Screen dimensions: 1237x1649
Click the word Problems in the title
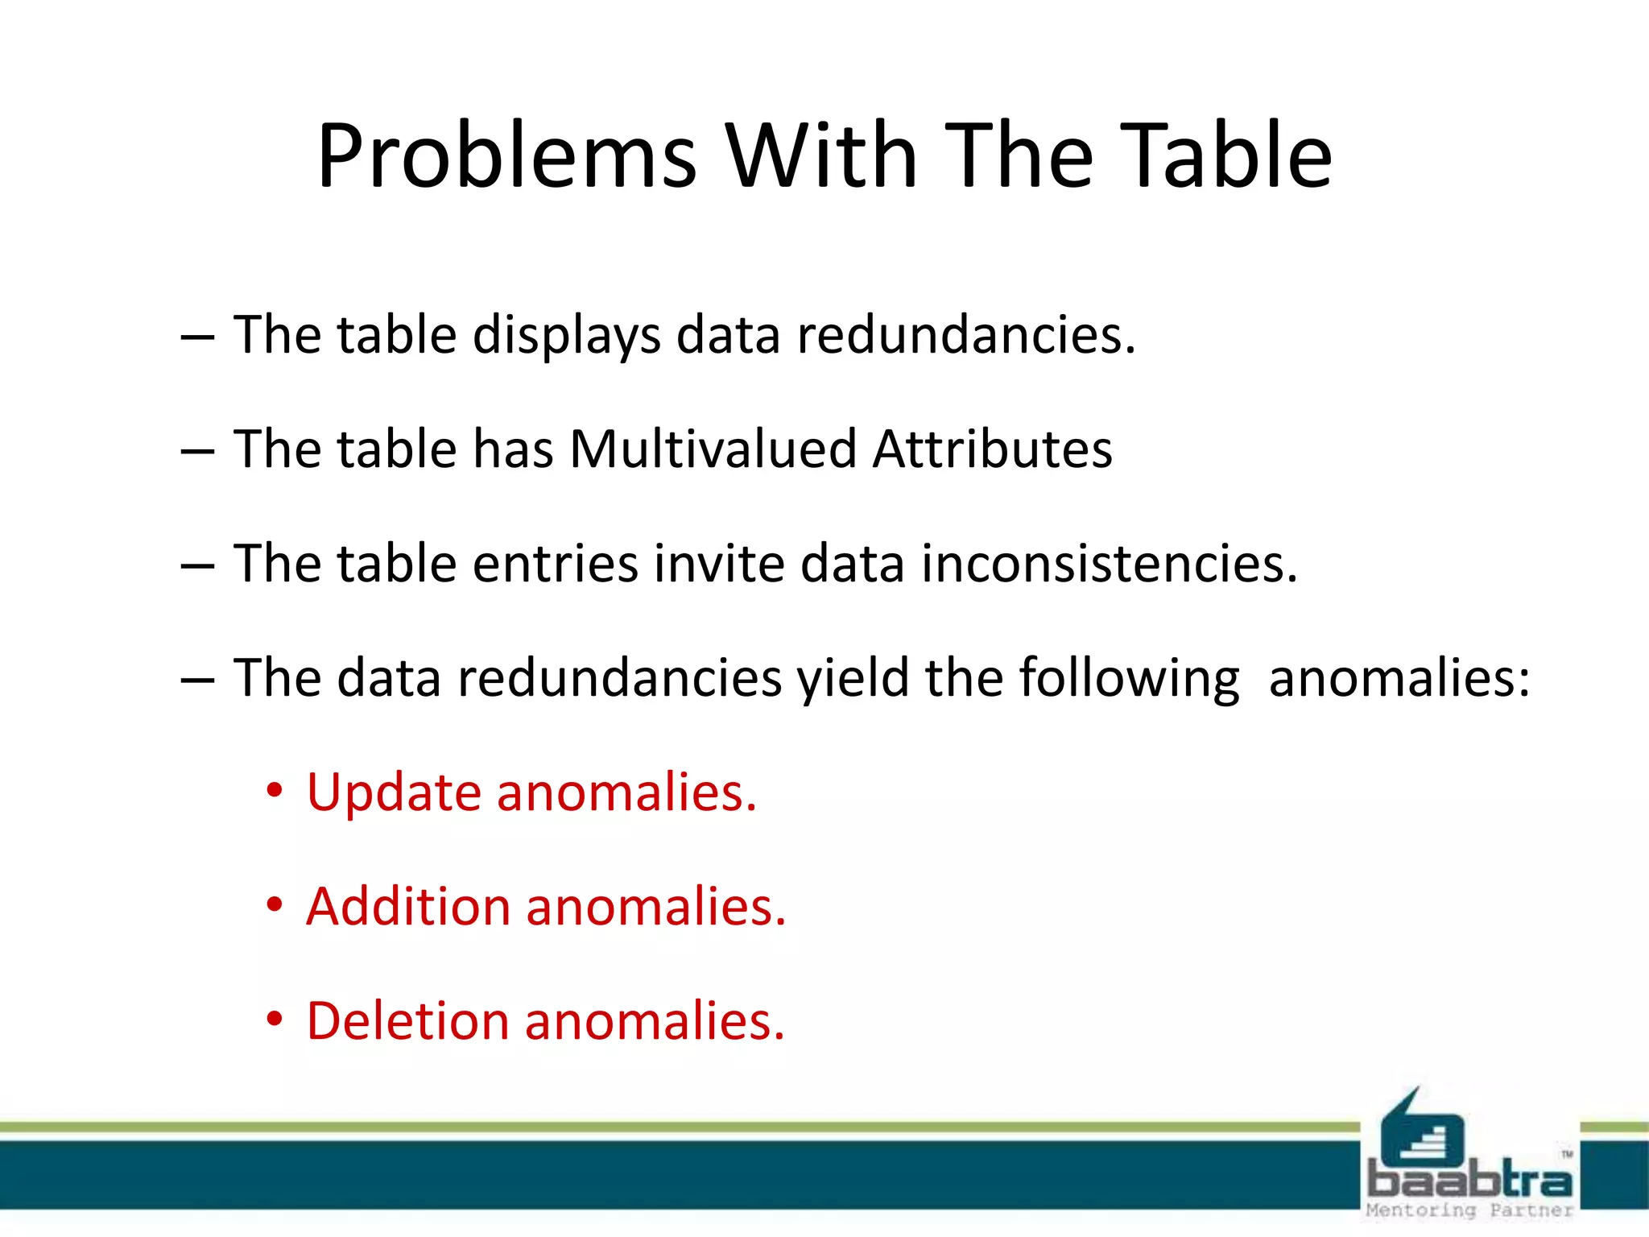click(x=506, y=156)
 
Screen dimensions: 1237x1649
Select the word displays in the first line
click(x=566, y=336)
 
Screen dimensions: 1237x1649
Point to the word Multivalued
click(x=713, y=449)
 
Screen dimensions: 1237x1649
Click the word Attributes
click(x=992, y=449)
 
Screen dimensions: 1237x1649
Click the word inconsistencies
click(x=1109, y=563)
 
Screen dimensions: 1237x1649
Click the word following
click(x=1129, y=679)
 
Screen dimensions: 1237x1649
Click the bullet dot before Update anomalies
click(x=275, y=792)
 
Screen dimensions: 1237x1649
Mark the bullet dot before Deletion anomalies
click(x=275, y=1020)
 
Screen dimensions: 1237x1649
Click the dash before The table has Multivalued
click(x=197, y=450)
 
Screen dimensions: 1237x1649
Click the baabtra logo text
click(x=1469, y=1179)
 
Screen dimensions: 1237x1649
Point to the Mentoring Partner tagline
click(x=1469, y=1210)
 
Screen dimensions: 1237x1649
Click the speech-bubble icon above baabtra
click(x=1420, y=1127)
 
